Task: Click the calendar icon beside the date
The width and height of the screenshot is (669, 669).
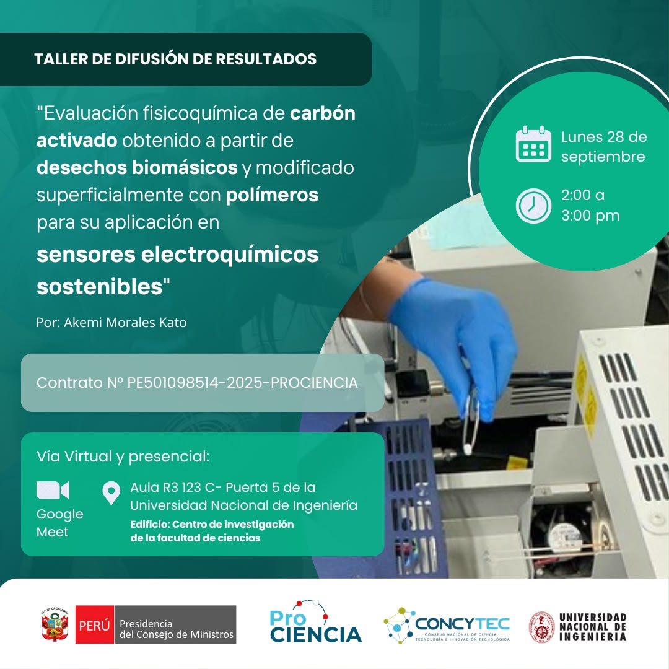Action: (533, 144)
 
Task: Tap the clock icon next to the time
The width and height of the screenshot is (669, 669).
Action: (533, 206)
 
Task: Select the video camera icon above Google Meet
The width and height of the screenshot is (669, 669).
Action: (53, 490)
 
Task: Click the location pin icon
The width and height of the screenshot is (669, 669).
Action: (111, 493)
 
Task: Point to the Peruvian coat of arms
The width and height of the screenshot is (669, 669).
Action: (55, 624)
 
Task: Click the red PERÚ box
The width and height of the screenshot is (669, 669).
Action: (95, 624)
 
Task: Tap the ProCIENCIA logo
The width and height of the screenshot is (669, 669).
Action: (315, 622)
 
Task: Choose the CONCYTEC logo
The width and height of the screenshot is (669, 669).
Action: (446, 625)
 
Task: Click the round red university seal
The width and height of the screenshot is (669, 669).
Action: (541, 627)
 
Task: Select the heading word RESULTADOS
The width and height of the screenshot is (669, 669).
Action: (266, 59)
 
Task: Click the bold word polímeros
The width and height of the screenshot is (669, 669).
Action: (272, 195)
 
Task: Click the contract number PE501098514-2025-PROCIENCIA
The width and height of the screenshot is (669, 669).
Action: (242, 383)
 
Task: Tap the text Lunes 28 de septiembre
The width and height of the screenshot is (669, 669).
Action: (604, 146)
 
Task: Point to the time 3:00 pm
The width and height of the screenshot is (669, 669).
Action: (590, 216)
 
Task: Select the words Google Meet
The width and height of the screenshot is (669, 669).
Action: (59, 523)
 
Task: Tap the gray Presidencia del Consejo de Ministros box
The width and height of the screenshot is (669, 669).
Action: (175, 624)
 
